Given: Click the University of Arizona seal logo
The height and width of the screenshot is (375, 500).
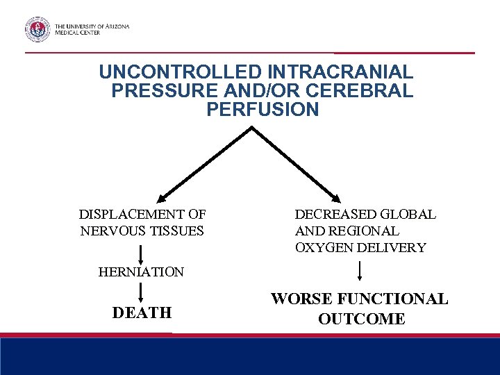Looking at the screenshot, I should tap(37, 29).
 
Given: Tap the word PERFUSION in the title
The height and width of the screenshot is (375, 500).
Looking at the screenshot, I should tap(262, 110).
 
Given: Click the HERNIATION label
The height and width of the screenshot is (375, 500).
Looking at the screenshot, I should tap(141, 272).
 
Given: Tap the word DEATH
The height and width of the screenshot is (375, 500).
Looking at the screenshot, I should tap(142, 313).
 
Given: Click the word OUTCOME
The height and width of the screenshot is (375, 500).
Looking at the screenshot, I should tap(361, 319).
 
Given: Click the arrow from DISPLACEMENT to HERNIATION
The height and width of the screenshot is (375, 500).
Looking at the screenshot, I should tap(141, 252).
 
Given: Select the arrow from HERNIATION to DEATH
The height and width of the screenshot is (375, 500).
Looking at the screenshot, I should tap(141, 292).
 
